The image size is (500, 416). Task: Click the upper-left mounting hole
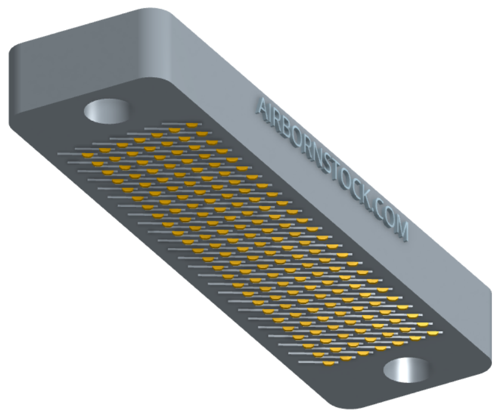click(x=107, y=111)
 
